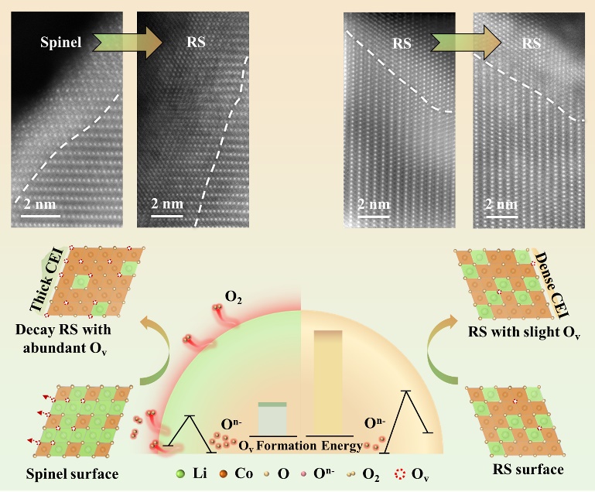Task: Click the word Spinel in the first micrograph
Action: tap(60, 42)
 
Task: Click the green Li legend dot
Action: tap(180, 473)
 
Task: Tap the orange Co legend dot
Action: tap(223, 473)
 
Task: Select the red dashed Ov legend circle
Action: tap(400, 473)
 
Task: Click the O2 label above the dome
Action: tap(233, 297)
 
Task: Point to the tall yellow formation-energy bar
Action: tap(328, 382)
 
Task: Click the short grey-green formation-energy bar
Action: tap(272, 419)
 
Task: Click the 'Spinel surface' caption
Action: tap(72, 473)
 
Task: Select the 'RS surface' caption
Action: tap(528, 470)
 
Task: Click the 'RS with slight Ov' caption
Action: tap(524, 333)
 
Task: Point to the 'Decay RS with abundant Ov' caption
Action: tap(63, 339)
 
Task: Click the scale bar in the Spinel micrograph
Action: tap(40, 217)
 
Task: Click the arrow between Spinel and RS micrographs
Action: tap(128, 42)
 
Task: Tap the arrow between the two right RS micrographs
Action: tap(466, 43)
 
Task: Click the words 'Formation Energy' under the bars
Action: tap(309, 446)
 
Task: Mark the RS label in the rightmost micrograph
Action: tap(531, 43)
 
